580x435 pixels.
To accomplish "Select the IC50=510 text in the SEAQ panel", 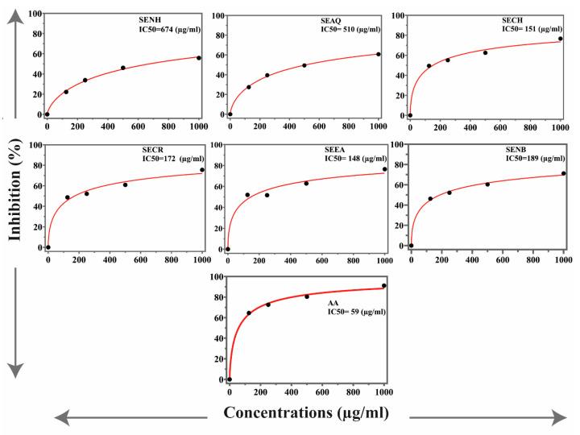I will click(344, 29).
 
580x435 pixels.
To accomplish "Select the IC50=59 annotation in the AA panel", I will click(356, 310).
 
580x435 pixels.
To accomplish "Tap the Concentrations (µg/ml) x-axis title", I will click(305, 413).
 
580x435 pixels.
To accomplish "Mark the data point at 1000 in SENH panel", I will click(199, 58).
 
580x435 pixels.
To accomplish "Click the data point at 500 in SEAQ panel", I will click(304, 65).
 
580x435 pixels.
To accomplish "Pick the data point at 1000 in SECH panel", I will click(561, 39).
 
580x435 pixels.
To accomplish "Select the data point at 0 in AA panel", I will click(230, 379).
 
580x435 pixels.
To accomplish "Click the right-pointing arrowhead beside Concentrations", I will click(559, 416).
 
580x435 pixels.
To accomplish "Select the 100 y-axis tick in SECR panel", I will click(34, 146).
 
